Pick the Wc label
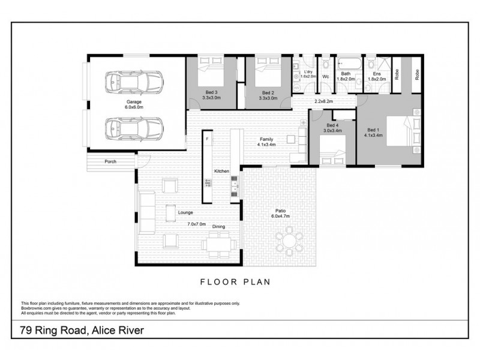click(x=326, y=77)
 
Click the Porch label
click(x=110, y=162)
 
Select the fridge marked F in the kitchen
click(x=207, y=139)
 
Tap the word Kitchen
click(x=222, y=172)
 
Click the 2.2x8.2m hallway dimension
click(x=324, y=102)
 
